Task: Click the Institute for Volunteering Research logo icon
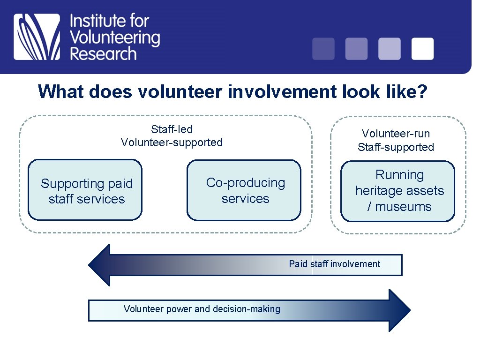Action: pyautogui.click(x=37, y=37)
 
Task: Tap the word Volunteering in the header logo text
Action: pyautogui.click(x=114, y=37)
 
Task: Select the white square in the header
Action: pyautogui.click(x=422, y=49)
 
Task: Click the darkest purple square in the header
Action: pyautogui.click(x=323, y=49)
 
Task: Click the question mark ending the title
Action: pyautogui.click(x=421, y=91)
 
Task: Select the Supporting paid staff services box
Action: pyautogui.click(x=85, y=190)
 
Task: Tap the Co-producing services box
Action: pyautogui.click(x=244, y=190)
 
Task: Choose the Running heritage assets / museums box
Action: pyautogui.click(x=397, y=191)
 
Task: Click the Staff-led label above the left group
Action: pyautogui.click(x=172, y=129)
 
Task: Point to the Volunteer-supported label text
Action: pyautogui.click(x=172, y=142)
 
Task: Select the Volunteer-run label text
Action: pyautogui.click(x=396, y=134)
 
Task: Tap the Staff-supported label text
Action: pyautogui.click(x=396, y=147)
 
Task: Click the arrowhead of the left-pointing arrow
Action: pyautogui.click(x=99, y=265)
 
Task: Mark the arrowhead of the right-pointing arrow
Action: pyautogui.click(x=399, y=310)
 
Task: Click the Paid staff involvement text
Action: pyautogui.click(x=334, y=264)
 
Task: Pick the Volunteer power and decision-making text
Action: pyautogui.click(x=202, y=309)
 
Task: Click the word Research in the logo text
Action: pyautogui.click(x=103, y=53)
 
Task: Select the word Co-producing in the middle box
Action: pyautogui.click(x=245, y=182)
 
